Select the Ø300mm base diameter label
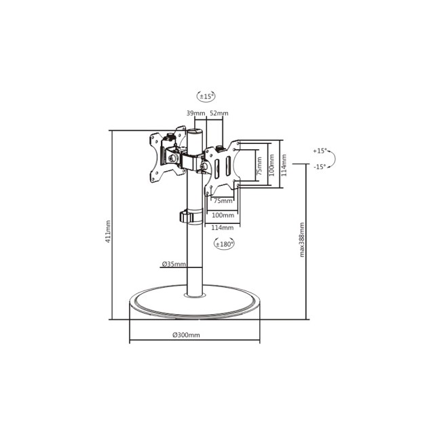point(186,335)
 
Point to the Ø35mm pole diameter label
point(174,264)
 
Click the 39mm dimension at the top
point(195,113)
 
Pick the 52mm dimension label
point(219,113)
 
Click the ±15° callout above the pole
point(206,96)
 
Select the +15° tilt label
point(320,151)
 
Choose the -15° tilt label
point(320,166)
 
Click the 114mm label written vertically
point(284,163)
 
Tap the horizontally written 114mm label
point(223,227)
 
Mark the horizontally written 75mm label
point(223,201)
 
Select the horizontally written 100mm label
point(223,215)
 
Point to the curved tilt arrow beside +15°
point(337,159)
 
